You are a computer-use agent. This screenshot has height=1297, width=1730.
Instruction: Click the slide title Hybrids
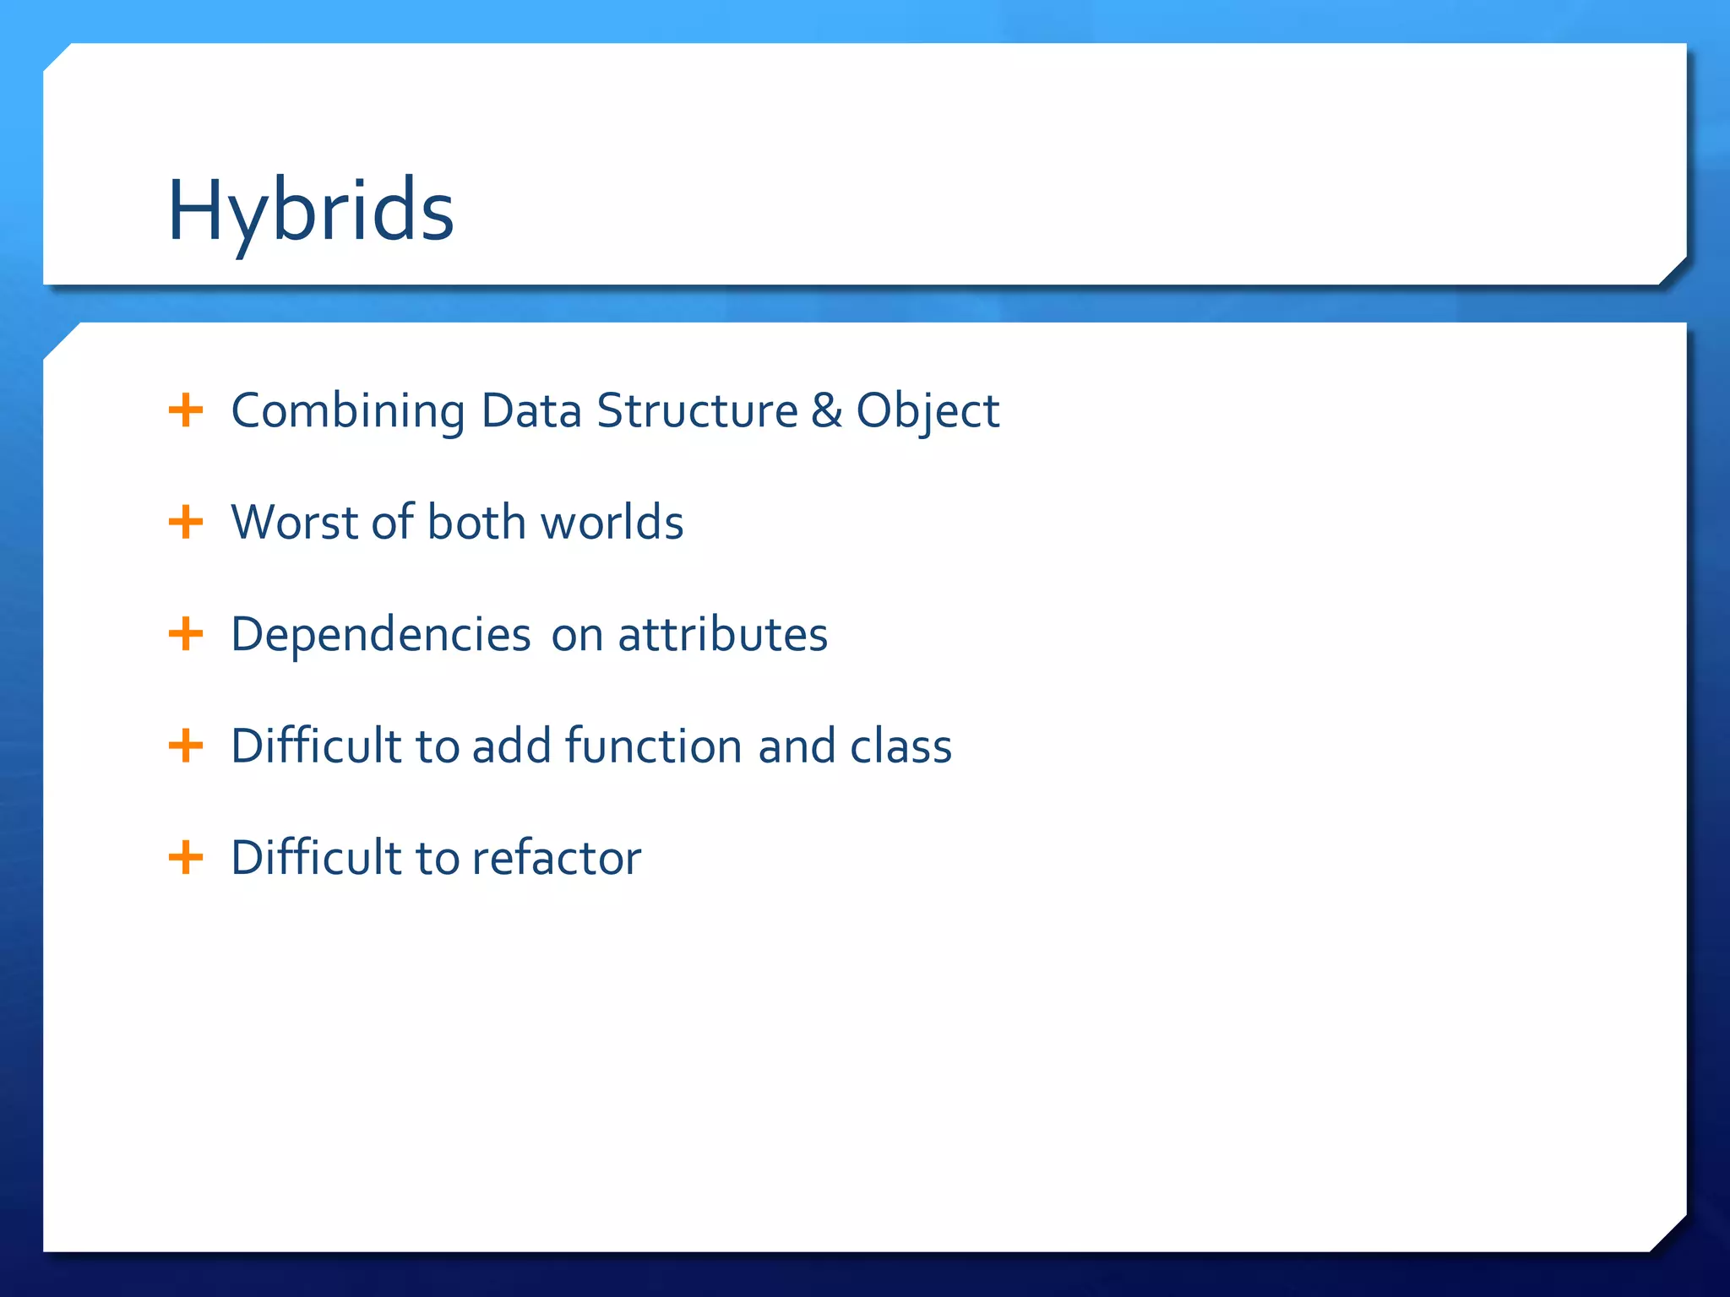(311, 211)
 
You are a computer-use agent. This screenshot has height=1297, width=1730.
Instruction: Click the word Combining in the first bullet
(347, 411)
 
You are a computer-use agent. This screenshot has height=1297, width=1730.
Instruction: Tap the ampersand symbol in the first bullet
(826, 411)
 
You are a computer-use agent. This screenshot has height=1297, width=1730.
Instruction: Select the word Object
(928, 411)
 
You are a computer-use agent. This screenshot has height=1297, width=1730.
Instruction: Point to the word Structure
(697, 411)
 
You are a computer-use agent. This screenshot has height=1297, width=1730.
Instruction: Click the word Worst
(296, 523)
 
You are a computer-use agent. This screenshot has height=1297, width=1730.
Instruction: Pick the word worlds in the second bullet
(612, 523)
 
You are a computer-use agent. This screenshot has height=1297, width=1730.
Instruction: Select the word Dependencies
(380, 635)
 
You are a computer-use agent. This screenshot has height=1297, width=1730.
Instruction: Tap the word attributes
(722, 635)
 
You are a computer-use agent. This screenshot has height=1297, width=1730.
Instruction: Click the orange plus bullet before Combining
(186, 411)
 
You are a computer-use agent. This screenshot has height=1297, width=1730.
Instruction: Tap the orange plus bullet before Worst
(186, 523)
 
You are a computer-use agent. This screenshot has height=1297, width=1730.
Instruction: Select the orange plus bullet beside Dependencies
(186, 634)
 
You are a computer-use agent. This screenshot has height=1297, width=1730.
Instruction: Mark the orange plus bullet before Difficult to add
(186, 746)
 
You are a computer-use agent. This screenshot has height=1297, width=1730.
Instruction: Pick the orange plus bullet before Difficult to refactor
(186, 858)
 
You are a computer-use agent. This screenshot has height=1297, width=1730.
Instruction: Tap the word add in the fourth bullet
(511, 746)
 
